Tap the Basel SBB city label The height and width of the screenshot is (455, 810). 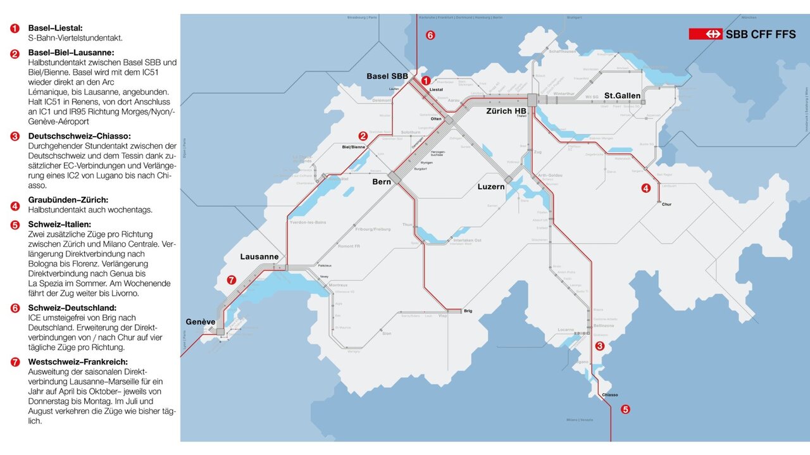pyautogui.click(x=387, y=77)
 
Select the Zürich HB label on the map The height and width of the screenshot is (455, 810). pyautogui.click(x=506, y=111)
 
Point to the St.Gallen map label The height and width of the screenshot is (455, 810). pyautogui.click(x=622, y=96)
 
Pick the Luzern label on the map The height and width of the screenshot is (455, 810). pyautogui.click(x=491, y=187)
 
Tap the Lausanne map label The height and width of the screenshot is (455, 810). pyautogui.click(x=259, y=257)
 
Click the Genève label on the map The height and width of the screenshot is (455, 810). pyautogui.click(x=201, y=321)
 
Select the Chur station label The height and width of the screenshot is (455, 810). pyautogui.click(x=666, y=204)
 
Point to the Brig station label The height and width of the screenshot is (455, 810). pyautogui.click(x=468, y=311)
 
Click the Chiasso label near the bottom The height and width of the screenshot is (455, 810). pyautogui.click(x=609, y=394)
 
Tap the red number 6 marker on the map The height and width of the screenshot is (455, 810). pyautogui.click(x=430, y=35)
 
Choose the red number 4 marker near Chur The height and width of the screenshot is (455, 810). pyautogui.click(x=645, y=188)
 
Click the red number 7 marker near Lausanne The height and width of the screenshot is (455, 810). pyautogui.click(x=231, y=279)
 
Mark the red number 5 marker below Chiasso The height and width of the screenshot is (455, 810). pyautogui.click(x=625, y=409)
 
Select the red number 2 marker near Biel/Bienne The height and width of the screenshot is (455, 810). pyautogui.click(x=363, y=135)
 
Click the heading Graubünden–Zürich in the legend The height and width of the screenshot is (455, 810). pyautogui.click(x=68, y=200)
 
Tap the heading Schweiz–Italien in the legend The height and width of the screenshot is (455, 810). pyautogui.click(x=59, y=224)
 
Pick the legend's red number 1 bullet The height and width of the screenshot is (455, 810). pyautogui.click(x=15, y=28)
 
